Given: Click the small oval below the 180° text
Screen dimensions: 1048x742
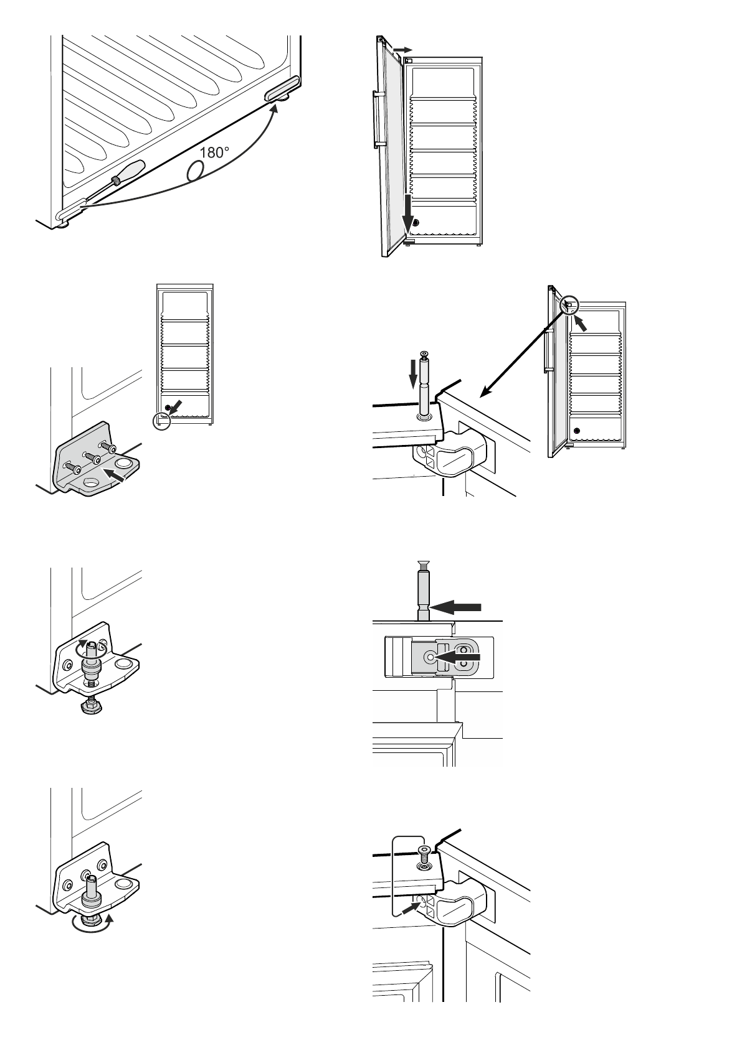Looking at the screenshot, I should click(x=196, y=171).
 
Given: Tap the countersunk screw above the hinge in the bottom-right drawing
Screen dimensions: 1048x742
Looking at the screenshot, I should click(x=425, y=853).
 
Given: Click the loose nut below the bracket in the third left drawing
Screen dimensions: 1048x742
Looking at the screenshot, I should click(x=89, y=706).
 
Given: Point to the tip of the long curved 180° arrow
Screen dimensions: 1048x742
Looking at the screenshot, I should click(x=275, y=106).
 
